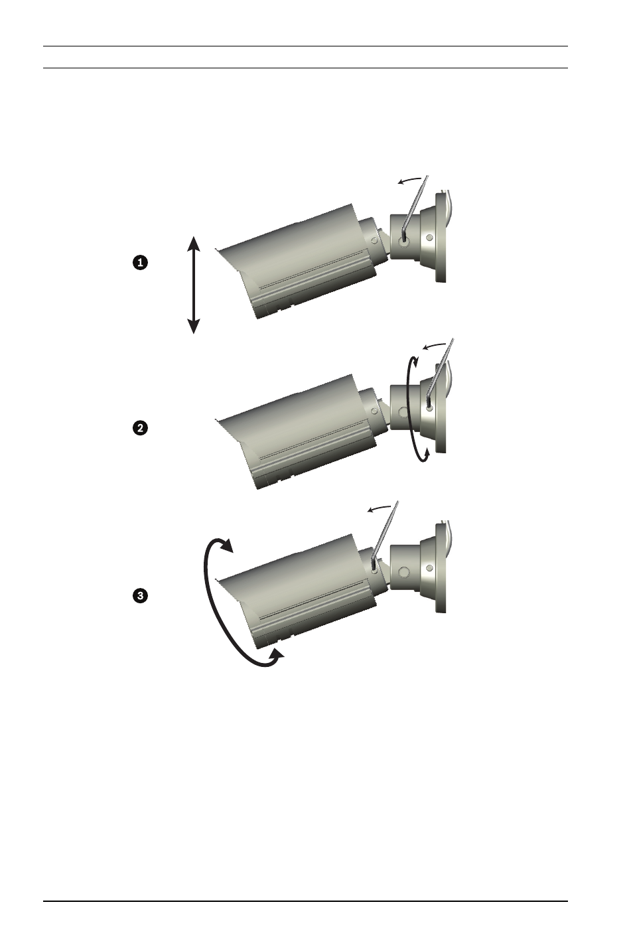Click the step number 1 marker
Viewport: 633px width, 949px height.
click(140, 263)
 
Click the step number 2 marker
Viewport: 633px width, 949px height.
click(140, 428)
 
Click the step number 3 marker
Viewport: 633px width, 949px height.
click(140, 597)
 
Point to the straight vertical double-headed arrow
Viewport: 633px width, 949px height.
click(194, 285)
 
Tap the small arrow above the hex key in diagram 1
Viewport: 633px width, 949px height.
click(410, 180)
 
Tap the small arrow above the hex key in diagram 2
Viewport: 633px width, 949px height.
click(435, 346)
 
